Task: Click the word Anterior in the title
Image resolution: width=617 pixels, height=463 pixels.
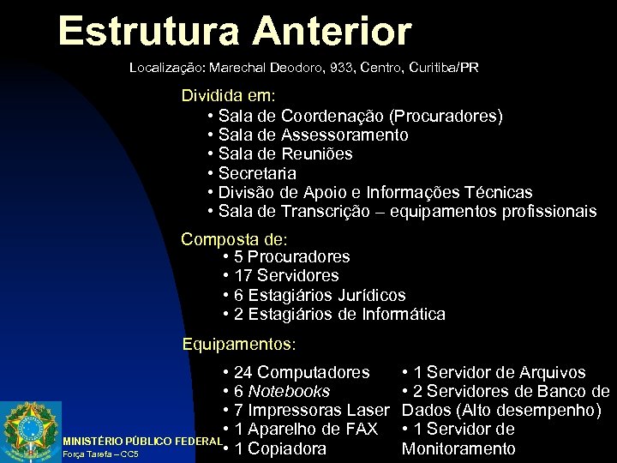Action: pos(332,32)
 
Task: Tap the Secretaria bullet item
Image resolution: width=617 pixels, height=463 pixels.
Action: pos(257,173)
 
